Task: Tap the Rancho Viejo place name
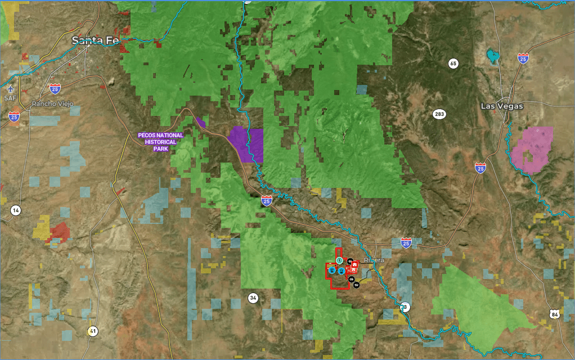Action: click(x=52, y=103)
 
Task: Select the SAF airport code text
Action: click(x=10, y=97)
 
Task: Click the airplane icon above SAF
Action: click(x=10, y=89)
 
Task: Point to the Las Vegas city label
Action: click(x=502, y=106)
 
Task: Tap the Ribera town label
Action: click(x=374, y=260)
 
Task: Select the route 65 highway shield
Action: click(x=453, y=64)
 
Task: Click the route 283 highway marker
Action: click(x=439, y=115)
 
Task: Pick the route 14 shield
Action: click(x=16, y=210)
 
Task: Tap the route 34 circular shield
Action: click(x=254, y=298)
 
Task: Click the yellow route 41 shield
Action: click(x=92, y=331)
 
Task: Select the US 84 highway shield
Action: click(x=555, y=314)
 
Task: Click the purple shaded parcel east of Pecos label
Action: click(x=246, y=143)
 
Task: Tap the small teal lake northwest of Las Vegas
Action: click(x=493, y=56)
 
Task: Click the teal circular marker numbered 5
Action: click(x=339, y=260)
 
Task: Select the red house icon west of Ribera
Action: click(x=354, y=264)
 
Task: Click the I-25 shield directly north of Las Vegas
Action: click(x=523, y=58)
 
